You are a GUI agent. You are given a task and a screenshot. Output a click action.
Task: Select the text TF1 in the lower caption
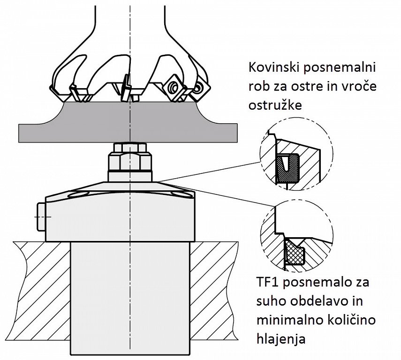tap(268, 283)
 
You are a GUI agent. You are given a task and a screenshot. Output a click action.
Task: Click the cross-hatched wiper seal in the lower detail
tap(294, 253)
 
